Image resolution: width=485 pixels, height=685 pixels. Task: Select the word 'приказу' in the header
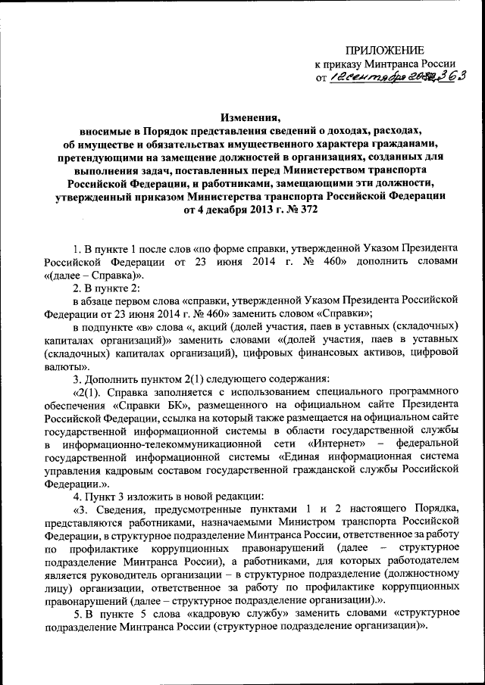(x=346, y=64)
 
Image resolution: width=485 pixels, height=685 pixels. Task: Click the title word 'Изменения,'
(x=250, y=117)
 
